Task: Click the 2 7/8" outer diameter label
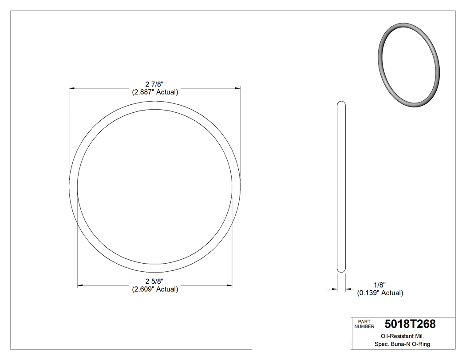click(154, 84)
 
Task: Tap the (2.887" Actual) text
click(155, 92)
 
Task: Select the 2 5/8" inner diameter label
click(154, 281)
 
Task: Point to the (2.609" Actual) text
click(155, 289)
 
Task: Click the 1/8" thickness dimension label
click(380, 285)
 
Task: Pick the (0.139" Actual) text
click(380, 293)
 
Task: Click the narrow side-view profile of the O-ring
click(341, 186)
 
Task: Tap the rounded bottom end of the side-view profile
click(341, 269)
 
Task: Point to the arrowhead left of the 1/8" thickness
click(335, 289)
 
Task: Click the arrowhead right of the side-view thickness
click(348, 289)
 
